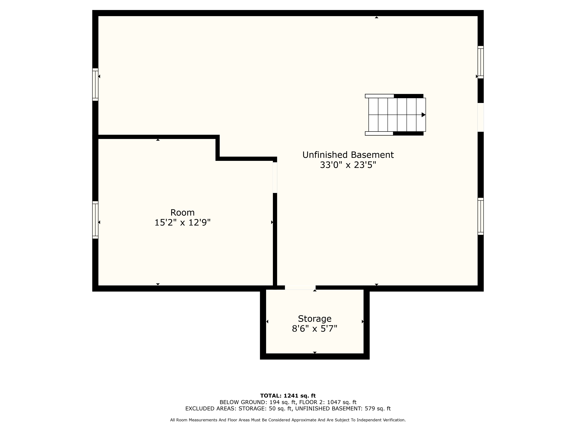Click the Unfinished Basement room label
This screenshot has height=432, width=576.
pos(348,155)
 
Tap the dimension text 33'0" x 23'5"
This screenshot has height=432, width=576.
pos(348,165)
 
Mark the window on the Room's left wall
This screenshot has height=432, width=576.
pos(95,220)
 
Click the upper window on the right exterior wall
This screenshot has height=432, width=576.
pos(481,62)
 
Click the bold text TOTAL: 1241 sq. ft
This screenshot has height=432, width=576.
pos(288,396)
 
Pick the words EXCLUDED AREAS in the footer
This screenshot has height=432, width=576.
pos(211,409)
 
